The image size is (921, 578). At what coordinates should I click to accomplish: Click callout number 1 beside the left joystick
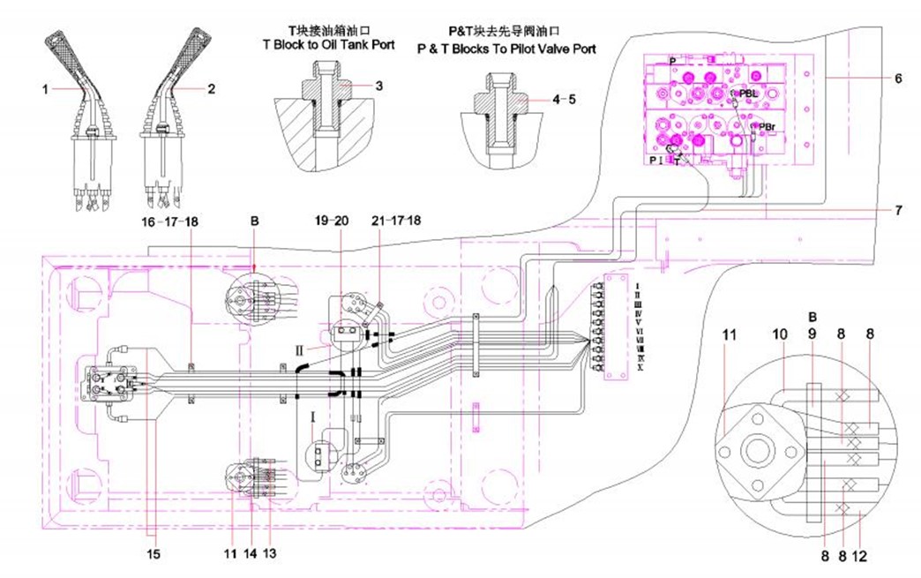[44, 88]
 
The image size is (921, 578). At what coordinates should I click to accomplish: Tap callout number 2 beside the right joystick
[211, 88]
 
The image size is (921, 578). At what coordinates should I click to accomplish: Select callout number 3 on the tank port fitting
[378, 86]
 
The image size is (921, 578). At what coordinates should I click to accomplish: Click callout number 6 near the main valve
[897, 79]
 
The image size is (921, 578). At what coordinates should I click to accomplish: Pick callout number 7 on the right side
[897, 210]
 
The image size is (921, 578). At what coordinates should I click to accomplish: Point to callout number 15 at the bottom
[154, 555]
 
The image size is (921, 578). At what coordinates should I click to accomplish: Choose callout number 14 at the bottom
[251, 555]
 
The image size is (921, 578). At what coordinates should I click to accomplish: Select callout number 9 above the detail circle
[812, 335]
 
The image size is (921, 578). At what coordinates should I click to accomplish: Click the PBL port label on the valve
[749, 93]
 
